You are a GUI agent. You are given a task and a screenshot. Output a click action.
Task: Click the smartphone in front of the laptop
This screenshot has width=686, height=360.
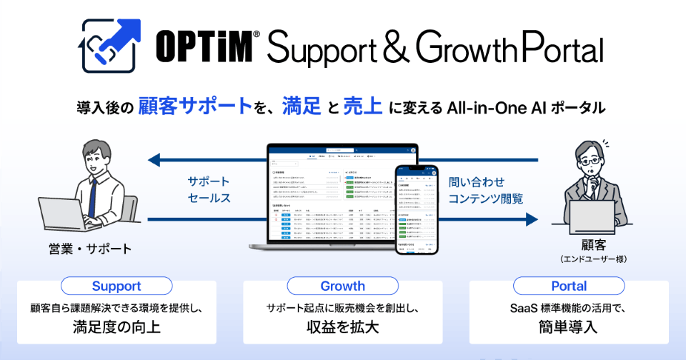pos(417,210)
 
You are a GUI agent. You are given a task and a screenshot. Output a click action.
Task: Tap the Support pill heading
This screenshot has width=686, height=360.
pos(116,286)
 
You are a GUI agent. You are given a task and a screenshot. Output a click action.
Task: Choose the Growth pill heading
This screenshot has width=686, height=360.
pos(342,286)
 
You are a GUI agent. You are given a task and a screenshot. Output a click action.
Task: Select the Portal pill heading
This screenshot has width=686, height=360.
pos(569,286)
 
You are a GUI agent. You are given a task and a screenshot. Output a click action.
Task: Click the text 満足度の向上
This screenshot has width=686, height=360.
pos(116,328)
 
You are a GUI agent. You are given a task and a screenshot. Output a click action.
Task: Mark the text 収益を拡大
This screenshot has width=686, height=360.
pos(342,328)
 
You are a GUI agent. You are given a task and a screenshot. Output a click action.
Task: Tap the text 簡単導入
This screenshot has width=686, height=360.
pos(569,328)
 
